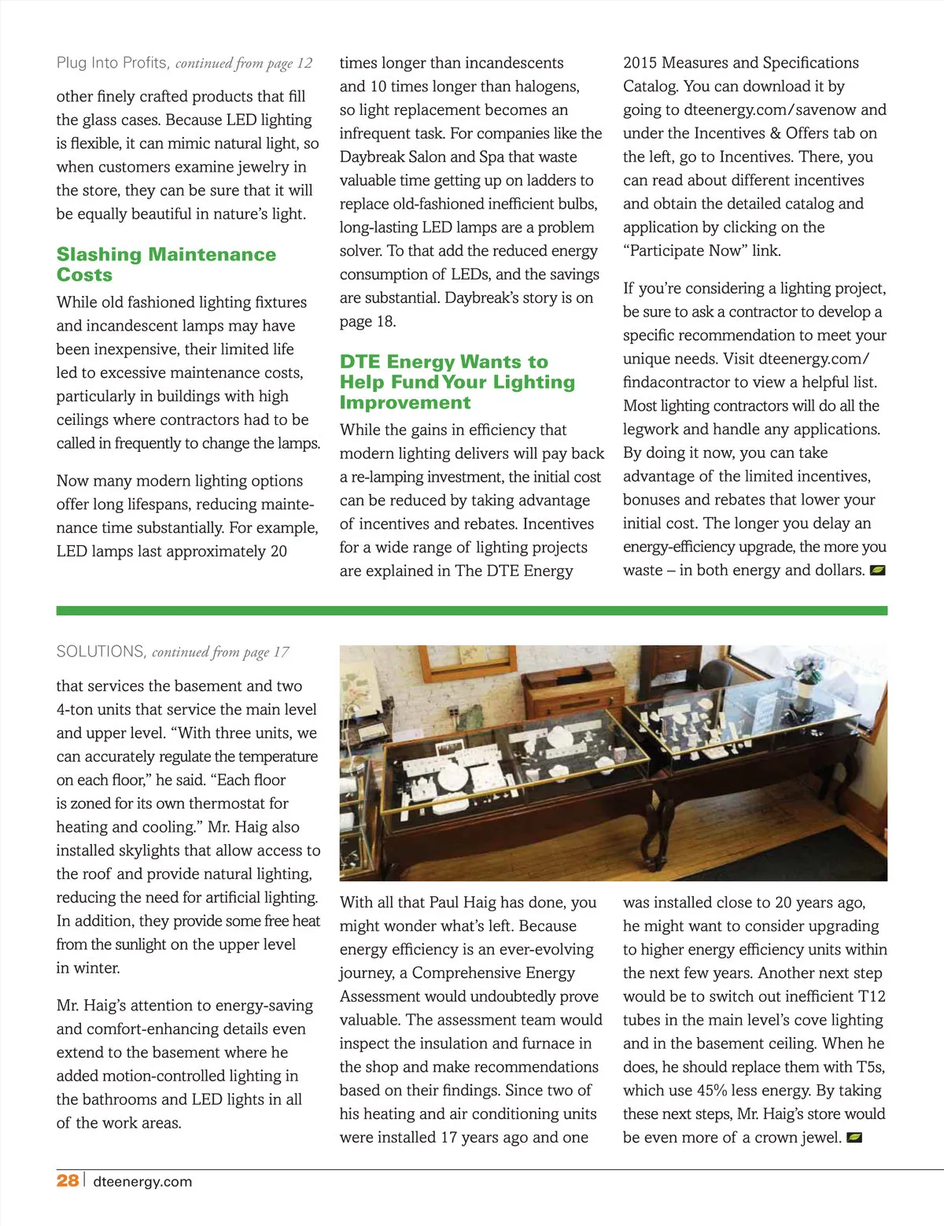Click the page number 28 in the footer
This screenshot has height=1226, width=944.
coord(67,1180)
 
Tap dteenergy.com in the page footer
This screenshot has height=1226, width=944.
coord(142,1181)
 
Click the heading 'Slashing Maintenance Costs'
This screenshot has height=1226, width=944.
coord(166,264)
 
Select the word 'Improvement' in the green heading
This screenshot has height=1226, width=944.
coord(405,403)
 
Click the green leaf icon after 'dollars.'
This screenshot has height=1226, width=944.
coord(878,571)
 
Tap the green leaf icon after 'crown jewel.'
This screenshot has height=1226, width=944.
coord(854,1138)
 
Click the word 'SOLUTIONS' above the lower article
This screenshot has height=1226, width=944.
coord(101,652)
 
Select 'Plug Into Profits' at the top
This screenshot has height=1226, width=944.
coord(112,63)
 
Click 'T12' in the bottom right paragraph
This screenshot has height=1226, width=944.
coord(871,997)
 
